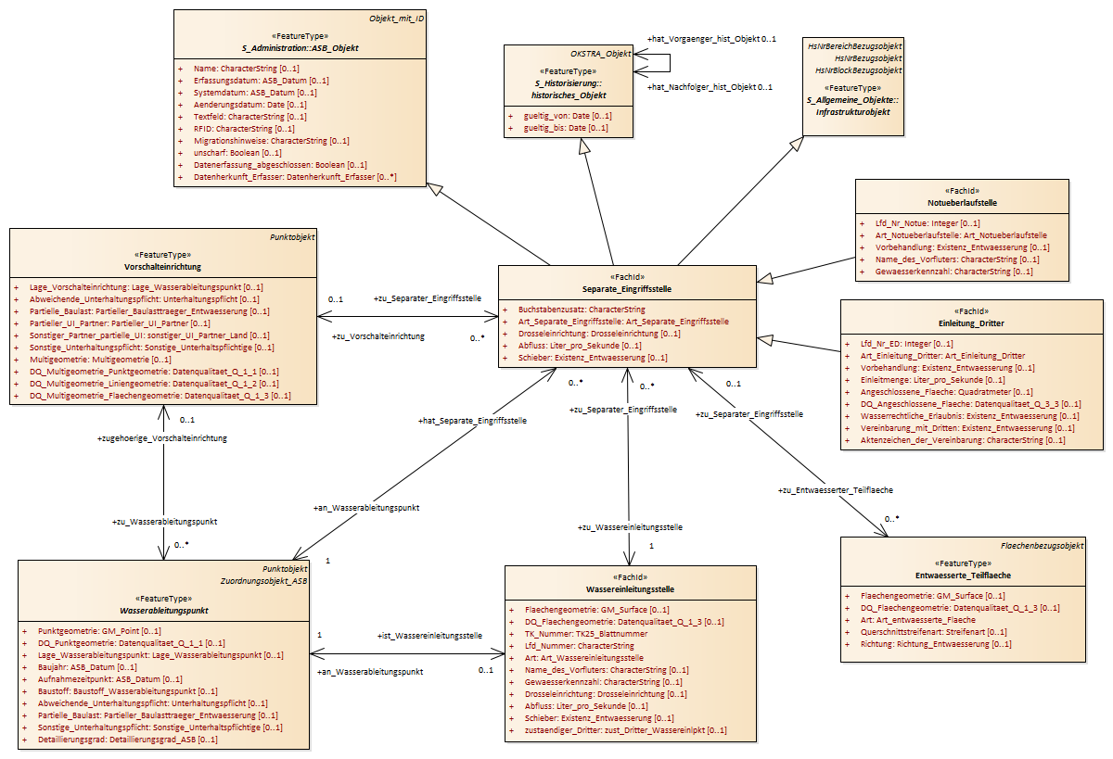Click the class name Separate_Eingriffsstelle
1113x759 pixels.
(627, 289)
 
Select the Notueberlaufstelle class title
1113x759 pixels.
(962, 203)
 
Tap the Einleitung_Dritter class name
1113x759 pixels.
(971, 323)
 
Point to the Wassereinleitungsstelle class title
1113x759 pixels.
(630, 589)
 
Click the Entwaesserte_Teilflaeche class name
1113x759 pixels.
(963, 576)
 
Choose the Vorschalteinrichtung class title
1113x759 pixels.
(162, 267)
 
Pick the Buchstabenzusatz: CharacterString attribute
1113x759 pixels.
(582, 310)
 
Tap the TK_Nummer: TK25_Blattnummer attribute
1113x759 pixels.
(586, 635)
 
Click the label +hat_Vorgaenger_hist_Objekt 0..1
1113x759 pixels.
(711, 39)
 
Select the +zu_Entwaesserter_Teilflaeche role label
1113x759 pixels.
(836, 490)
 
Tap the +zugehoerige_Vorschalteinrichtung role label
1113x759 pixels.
(162, 439)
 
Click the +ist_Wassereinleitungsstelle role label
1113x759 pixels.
(429, 636)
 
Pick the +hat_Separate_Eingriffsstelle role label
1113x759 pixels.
(472, 421)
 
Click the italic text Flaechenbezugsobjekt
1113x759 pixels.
(1042, 546)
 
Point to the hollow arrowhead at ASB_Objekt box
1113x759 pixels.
(435, 189)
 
